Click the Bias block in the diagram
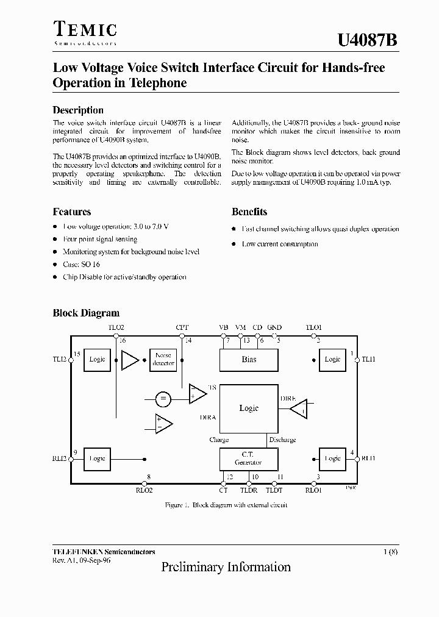pos(249,360)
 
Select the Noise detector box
pos(163,359)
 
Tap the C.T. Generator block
pos(249,458)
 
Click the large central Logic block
pos(249,408)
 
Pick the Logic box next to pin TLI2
pos(98,360)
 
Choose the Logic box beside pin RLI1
pos(332,458)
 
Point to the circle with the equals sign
pos(163,399)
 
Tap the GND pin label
pos(274,327)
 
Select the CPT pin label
pos(182,327)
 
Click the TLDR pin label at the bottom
pos(249,490)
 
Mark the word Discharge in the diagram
pos(282,440)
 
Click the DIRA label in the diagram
pos(208,418)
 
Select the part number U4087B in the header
pos(368,40)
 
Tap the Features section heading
pos(72,212)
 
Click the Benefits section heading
pos(249,212)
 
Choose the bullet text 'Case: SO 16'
pos(81,265)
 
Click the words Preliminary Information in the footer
pos(226,567)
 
